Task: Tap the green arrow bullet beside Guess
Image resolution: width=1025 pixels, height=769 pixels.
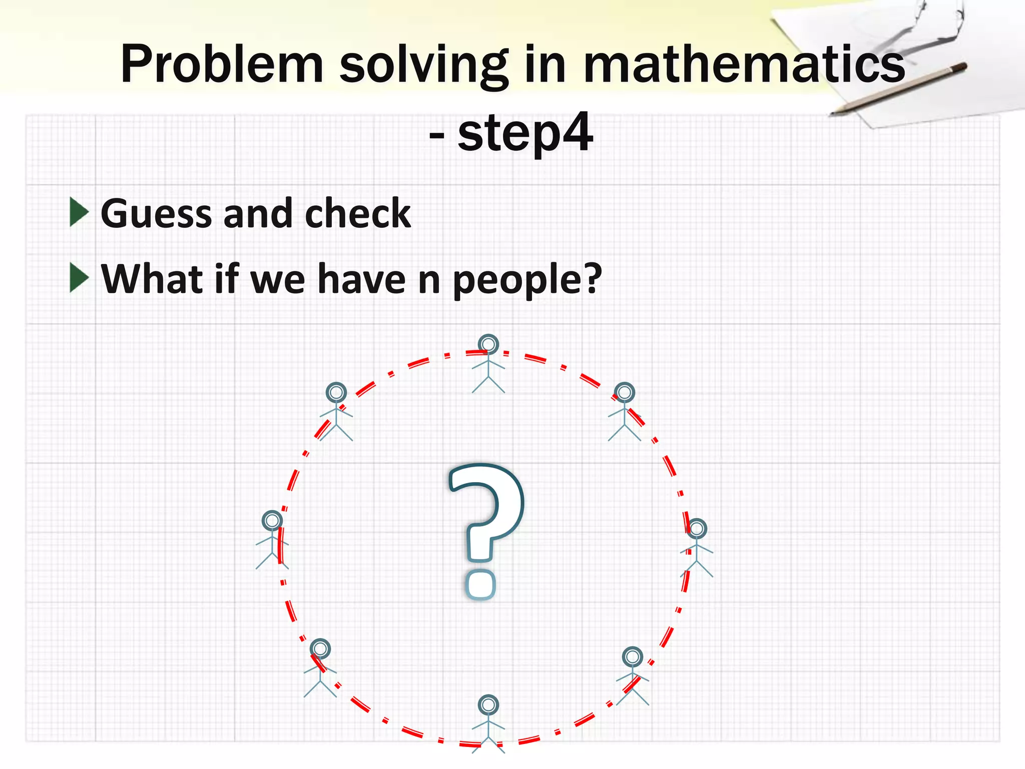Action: [x=79, y=212]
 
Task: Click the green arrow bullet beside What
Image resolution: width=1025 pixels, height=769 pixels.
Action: [x=79, y=277]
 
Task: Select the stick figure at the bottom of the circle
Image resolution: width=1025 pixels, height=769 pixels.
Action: [x=488, y=723]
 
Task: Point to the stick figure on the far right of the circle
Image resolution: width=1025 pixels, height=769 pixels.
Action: [x=696, y=548]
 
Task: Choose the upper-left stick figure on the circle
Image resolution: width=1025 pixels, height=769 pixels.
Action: [x=336, y=412]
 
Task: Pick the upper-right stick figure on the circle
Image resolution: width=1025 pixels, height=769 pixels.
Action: [x=624, y=412]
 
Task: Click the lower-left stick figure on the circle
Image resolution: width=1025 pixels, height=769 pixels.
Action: [x=320, y=668]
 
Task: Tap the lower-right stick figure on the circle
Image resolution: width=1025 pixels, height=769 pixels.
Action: [x=632, y=676]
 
